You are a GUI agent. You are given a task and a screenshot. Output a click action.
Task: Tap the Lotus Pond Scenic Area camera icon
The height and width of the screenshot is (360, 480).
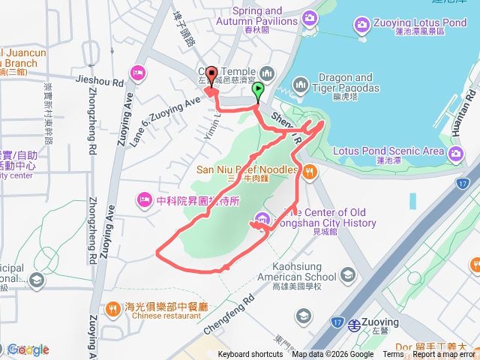[456, 153]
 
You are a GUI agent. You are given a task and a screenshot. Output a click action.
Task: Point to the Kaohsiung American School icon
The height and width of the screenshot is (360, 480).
[348, 275]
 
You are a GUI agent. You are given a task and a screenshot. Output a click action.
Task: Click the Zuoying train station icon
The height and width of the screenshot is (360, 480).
[353, 325]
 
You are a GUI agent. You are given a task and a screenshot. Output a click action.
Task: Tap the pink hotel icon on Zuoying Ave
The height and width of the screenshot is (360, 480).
[137, 73]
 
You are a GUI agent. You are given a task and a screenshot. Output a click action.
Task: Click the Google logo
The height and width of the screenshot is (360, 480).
[28, 349]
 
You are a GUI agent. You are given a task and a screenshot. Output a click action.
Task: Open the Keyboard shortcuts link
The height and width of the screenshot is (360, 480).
[250, 355]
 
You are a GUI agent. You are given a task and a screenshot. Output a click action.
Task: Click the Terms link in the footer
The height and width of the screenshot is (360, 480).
[392, 355]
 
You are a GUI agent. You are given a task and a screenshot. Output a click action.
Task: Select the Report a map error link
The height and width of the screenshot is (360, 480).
[443, 355]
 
